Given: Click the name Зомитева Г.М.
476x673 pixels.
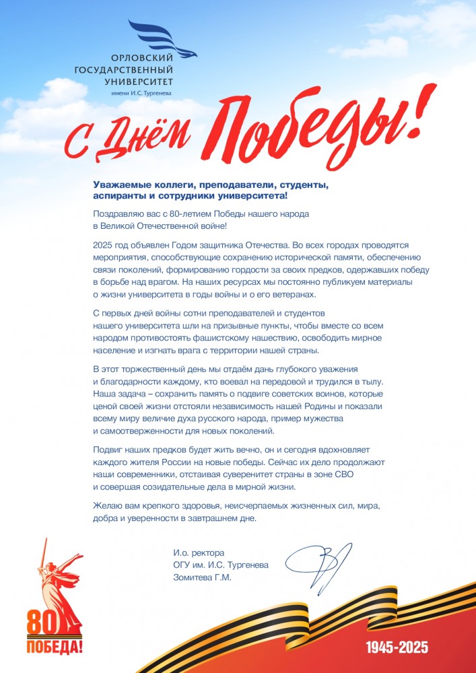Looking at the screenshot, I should tap(201, 576).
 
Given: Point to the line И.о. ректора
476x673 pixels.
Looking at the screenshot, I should tap(198, 553).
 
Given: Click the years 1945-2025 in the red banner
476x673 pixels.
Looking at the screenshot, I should tap(397, 649).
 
